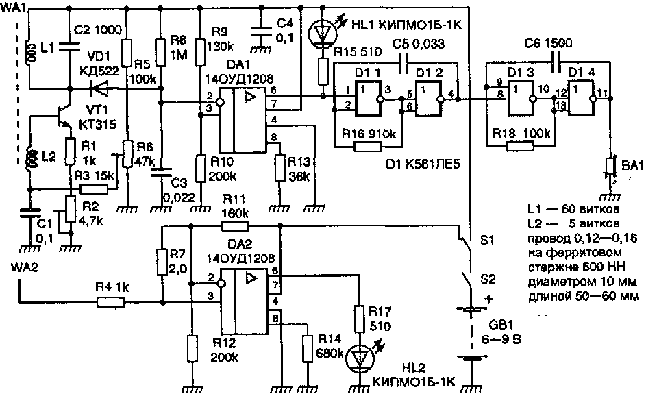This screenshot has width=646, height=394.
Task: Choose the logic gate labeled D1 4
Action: click(581, 99)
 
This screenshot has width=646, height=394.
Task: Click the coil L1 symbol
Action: click(29, 51)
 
